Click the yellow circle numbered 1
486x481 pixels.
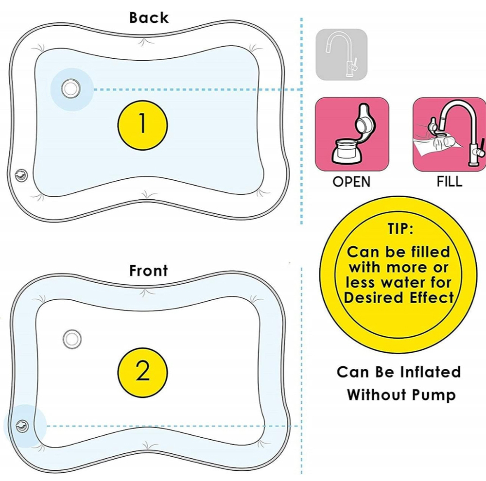(142, 124)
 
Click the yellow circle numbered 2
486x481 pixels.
(142, 372)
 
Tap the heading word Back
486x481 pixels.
(149, 17)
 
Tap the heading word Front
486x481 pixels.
(148, 270)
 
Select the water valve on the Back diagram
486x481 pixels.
(71, 88)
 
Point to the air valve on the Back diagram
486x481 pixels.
(21, 176)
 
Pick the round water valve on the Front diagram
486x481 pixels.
(72, 339)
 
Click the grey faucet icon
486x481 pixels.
(341, 54)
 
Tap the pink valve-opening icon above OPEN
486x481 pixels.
(352, 134)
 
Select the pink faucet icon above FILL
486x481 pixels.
(449, 134)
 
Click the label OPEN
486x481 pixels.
(351, 182)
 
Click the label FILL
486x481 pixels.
(450, 181)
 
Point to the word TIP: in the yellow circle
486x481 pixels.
(400, 229)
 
